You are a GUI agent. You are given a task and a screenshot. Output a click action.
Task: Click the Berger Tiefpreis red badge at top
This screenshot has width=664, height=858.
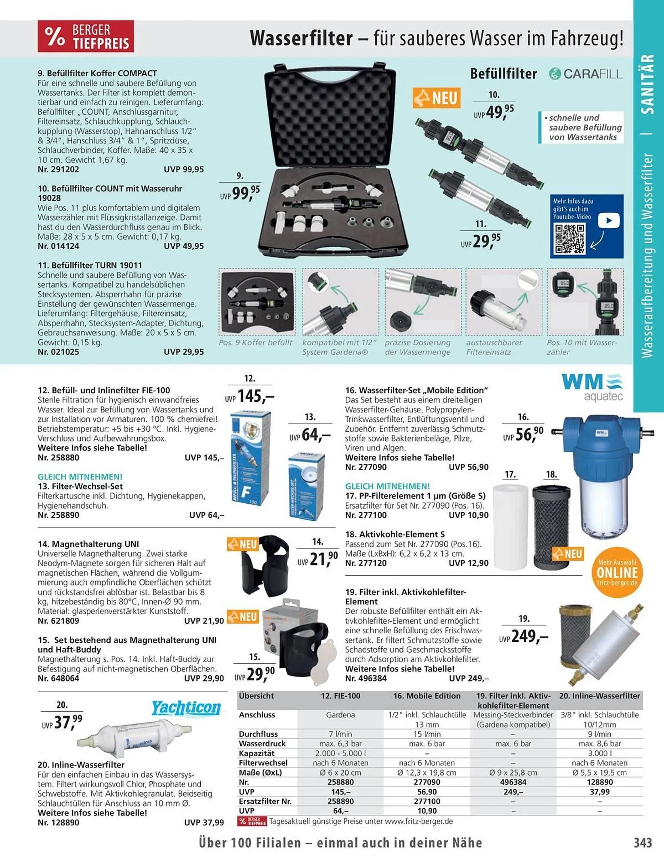(86, 36)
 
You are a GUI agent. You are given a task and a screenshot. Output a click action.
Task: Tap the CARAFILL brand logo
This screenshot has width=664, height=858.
(586, 74)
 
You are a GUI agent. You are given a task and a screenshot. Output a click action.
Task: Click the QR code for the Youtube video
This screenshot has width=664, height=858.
(570, 239)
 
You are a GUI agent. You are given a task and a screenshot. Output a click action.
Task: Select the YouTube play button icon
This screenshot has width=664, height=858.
(609, 221)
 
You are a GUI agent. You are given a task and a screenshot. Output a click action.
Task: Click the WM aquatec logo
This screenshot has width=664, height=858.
(592, 387)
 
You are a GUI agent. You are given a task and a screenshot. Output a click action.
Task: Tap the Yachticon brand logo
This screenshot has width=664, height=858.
(186, 707)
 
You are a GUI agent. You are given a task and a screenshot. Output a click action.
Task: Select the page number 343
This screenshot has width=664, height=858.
(643, 843)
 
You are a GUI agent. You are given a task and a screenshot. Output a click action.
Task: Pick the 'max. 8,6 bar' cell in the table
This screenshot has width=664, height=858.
(599, 743)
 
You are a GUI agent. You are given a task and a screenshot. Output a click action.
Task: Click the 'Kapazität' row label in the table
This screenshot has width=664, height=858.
(257, 753)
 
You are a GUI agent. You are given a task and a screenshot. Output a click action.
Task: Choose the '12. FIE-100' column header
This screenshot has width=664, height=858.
(341, 696)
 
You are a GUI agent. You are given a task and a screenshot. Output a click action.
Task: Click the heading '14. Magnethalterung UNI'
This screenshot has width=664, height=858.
(88, 544)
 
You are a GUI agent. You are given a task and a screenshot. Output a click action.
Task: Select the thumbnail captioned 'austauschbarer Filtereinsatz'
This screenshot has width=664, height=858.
(504, 302)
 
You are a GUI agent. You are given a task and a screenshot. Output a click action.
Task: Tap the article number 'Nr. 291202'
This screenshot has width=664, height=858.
(58, 169)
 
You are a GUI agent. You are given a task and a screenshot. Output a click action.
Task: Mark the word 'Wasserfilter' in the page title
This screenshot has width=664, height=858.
(301, 38)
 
